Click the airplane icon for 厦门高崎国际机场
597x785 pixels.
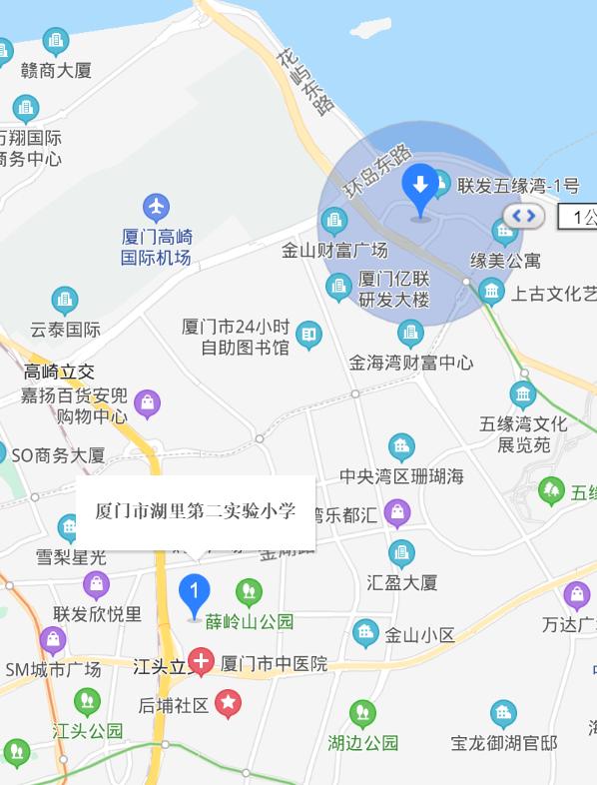click(x=156, y=208)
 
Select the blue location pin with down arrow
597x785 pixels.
click(x=420, y=188)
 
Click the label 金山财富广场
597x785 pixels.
click(x=334, y=250)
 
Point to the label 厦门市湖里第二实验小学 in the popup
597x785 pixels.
click(x=196, y=511)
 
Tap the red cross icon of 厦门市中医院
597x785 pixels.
click(x=202, y=661)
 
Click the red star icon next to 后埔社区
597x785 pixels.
click(x=229, y=704)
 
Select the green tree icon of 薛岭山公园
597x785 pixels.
click(x=249, y=592)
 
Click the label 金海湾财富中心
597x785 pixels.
click(x=411, y=363)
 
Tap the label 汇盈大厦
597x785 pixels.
click(x=402, y=581)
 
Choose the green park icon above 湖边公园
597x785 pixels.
click(x=363, y=714)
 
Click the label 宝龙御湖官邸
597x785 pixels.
click(x=504, y=743)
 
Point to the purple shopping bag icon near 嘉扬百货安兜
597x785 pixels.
click(x=147, y=404)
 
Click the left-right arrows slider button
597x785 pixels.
click(x=524, y=216)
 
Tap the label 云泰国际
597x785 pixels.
click(x=65, y=329)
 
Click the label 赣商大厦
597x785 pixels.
click(x=56, y=70)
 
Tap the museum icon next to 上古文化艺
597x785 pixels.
click(x=490, y=292)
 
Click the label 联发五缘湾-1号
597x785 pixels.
click(x=518, y=185)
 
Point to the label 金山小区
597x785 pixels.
click(x=419, y=635)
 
